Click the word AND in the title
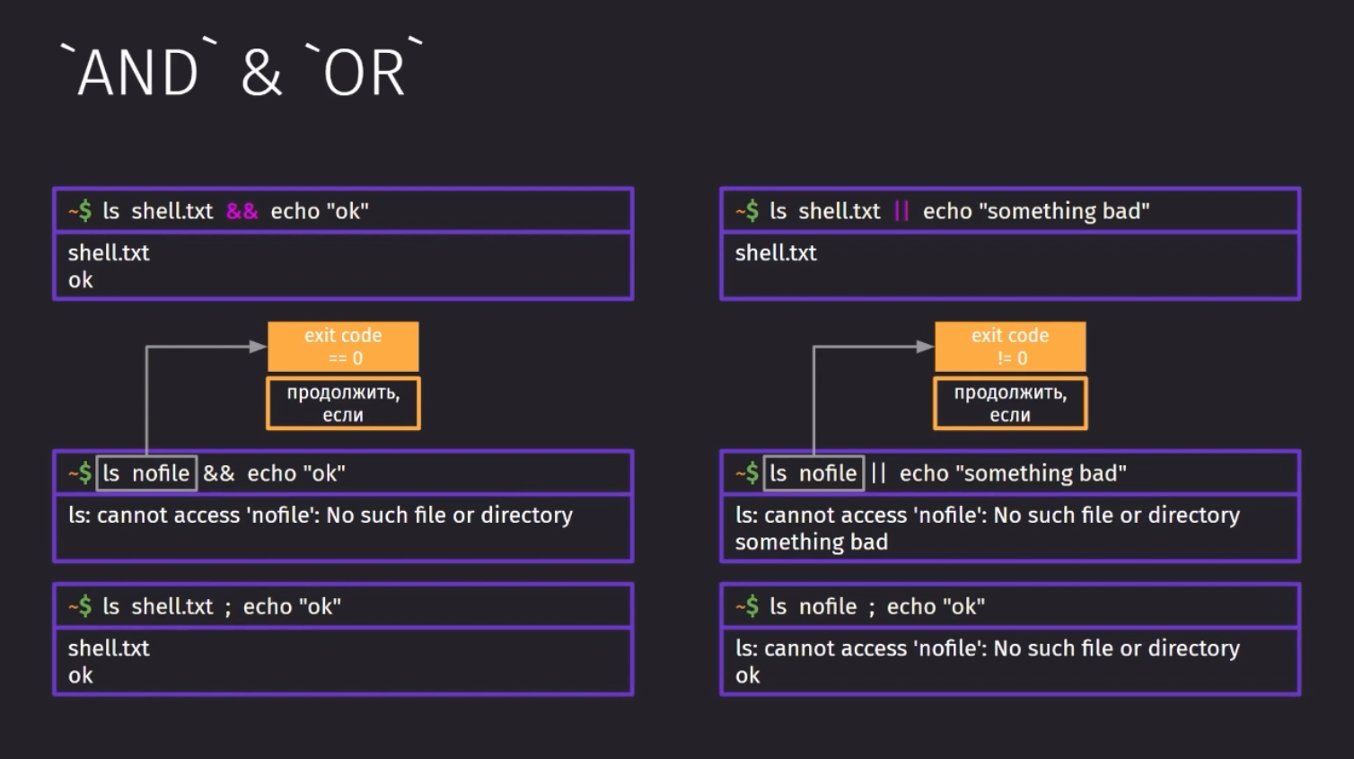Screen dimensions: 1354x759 [x=138, y=73]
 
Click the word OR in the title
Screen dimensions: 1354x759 [x=364, y=73]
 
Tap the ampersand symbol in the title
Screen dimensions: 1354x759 [x=261, y=73]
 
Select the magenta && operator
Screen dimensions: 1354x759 [x=242, y=211]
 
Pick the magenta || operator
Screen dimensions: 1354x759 [x=901, y=211]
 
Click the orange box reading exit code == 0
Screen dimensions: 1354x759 [x=343, y=347]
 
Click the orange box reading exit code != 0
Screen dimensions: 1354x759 [x=1010, y=347]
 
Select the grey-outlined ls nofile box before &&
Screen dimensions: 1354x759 [x=147, y=473]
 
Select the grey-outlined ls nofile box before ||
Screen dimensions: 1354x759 [x=813, y=473]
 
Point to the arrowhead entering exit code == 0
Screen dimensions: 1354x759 [x=259, y=347]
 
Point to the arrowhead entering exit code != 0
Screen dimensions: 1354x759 [x=926, y=347]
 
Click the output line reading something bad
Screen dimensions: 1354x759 [x=811, y=542]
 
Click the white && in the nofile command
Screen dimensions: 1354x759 [x=219, y=473]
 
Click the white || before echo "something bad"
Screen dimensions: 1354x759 [x=878, y=473]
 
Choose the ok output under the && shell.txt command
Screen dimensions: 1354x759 [x=81, y=280]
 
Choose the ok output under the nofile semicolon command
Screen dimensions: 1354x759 [x=748, y=675]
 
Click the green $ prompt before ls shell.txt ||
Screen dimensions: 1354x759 [x=752, y=211]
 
